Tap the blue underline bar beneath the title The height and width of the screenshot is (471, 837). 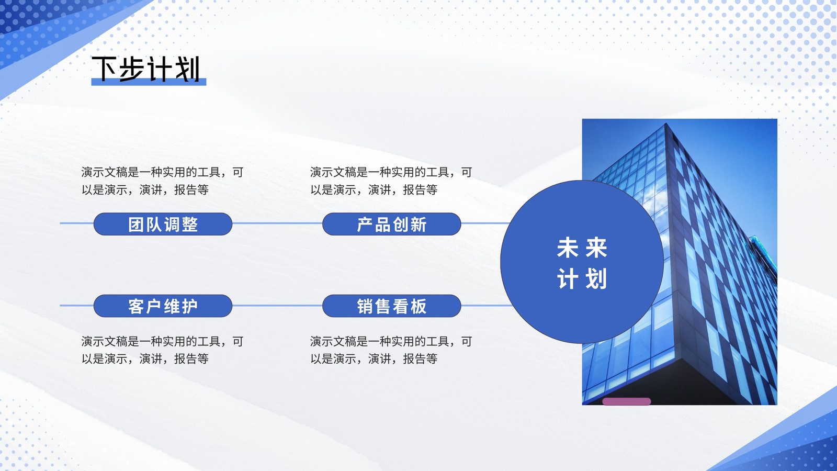coord(149,82)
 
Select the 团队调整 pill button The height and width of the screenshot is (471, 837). coord(163,224)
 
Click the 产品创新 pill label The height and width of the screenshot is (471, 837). coord(392,224)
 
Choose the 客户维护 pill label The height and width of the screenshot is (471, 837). coord(163,306)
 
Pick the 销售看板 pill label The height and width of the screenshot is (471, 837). coord(392,306)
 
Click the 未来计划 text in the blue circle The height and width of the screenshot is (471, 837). coord(582,263)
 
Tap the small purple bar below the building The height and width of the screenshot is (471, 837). coord(627,401)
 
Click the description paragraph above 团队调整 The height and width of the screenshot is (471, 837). coord(163,181)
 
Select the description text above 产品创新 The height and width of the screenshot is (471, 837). coord(391,181)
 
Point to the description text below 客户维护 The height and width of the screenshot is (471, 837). coord(163,350)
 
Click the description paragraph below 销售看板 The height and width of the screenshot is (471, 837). coord(391,350)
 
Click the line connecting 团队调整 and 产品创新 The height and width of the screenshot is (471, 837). coord(277,223)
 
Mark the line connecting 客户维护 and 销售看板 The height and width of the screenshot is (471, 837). coord(277,306)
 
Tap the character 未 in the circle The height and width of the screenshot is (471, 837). coord(568,248)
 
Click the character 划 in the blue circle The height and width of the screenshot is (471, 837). coord(596,279)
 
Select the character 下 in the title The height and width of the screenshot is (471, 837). coord(104,69)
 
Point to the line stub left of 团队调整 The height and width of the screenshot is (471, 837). coord(76,223)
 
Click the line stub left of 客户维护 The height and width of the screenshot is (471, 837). coord(76,306)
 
